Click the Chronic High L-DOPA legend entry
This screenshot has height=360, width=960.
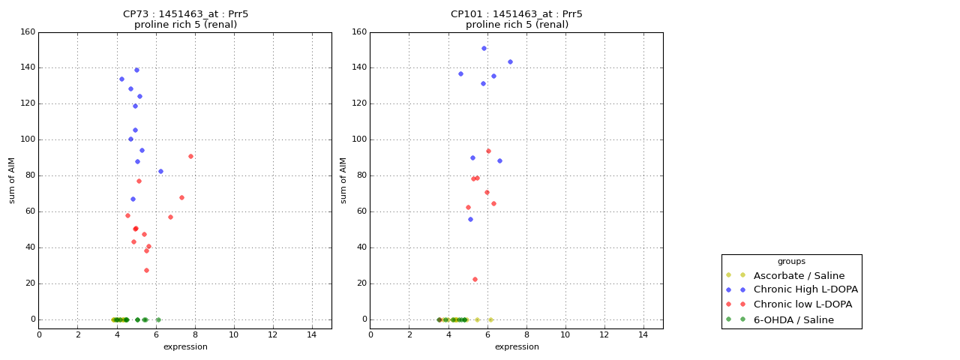point(805,289)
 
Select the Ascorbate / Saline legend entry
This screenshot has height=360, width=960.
point(799,275)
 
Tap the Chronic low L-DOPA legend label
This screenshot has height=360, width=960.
point(802,304)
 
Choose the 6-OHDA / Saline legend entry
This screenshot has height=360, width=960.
point(793,319)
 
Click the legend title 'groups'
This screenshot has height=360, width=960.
point(791,261)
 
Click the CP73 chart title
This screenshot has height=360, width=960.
point(185,14)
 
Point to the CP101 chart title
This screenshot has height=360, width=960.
point(517,14)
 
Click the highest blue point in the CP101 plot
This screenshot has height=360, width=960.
point(484,48)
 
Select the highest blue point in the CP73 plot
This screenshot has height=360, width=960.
point(136,70)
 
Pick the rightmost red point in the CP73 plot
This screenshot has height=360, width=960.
point(190,156)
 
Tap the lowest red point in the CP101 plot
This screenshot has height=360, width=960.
point(475,279)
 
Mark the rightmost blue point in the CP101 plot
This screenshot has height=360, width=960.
point(510,61)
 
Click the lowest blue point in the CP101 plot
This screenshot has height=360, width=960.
point(470,219)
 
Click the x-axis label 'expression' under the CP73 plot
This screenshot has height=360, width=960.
point(185,346)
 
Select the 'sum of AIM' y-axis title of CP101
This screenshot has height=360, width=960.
point(343,180)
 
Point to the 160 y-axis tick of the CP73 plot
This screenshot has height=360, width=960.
point(28,32)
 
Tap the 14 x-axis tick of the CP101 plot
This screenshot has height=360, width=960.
point(643,334)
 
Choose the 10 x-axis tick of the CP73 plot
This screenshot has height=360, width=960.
point(234,334)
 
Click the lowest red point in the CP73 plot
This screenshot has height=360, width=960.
point(146,270)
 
